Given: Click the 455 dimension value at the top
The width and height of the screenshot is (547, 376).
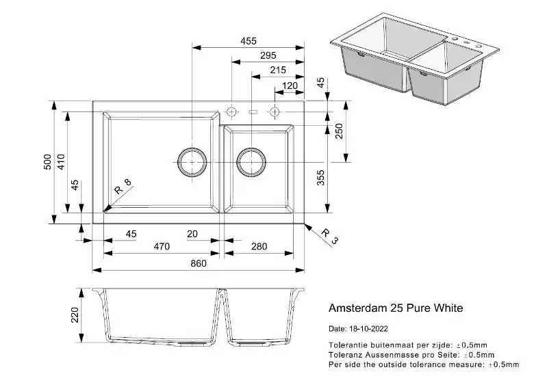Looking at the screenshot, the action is click(249, 41).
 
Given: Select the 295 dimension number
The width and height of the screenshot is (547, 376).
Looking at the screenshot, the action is click(268, 55).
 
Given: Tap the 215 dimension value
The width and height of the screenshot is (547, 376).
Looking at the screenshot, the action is click(278, 70).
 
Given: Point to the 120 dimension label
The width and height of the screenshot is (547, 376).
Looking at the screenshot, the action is click(290, 85).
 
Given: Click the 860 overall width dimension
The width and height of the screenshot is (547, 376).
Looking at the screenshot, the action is click(199, 263).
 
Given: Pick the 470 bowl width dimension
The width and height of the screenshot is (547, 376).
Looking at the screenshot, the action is click(162, 247).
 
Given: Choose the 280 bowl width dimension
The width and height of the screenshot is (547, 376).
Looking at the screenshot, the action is click(259, 247).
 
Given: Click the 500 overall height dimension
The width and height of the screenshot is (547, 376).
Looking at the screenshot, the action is click(47, 162).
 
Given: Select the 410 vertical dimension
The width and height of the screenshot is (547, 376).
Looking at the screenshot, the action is click(61, 162).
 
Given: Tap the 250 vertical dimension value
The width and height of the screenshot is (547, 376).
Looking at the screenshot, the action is click(339, 131).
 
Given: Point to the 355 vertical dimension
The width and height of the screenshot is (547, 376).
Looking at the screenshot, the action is click(320, 177).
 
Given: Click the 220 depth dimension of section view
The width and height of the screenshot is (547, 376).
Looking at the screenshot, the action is click(75, 315).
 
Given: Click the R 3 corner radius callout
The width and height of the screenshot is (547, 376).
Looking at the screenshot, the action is click(330, 237).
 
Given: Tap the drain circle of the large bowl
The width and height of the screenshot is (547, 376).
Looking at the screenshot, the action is click(192, 162).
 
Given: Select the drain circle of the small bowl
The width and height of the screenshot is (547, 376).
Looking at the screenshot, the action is click(251, 162).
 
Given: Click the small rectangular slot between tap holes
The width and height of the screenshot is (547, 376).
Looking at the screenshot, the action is click(253, 112).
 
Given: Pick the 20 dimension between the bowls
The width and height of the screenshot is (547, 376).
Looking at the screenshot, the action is click(192, 234).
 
